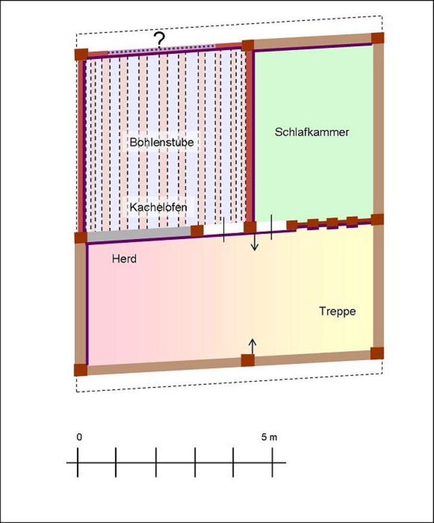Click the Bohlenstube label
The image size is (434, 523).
pyautogui.click(x=162, y=142)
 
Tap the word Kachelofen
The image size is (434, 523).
pyautogui.click(x=158, y=207)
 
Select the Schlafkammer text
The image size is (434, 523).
pyautogui.click(x=312, y=132)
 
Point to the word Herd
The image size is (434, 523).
pyautogui.click(x=124, y=259)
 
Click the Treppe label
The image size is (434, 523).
pyautogui.click(x=337, y=311)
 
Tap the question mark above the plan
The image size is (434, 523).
pyautogui.click(x=160, y=40)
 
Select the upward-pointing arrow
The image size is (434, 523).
pyautogui.click(x=253, y=346)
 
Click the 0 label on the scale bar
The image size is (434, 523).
pyautogui.click(x=79, y=437)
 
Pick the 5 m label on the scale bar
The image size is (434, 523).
pyautogui.click(x=269, y=437)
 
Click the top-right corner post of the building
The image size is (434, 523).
pyautogui.click(x=378, y=38)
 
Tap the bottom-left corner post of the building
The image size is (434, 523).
pyautogui.click(x=81, y=370)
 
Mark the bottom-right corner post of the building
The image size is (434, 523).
pyautogui.click(x=377, y=353)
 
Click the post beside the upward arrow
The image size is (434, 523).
pyautogui.click(x=248, y=360)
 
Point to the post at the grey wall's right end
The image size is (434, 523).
pyautogui.click(x=197, y=231)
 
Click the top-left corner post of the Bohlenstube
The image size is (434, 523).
pyautogui.click(x=82, y=54)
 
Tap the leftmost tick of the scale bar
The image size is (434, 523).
pyautogui.click(x=78, y=462)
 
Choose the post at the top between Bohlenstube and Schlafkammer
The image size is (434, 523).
pyautogui.click(x=248, y=46)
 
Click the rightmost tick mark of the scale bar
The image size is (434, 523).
pyautogui.click(x=272, y=462)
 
